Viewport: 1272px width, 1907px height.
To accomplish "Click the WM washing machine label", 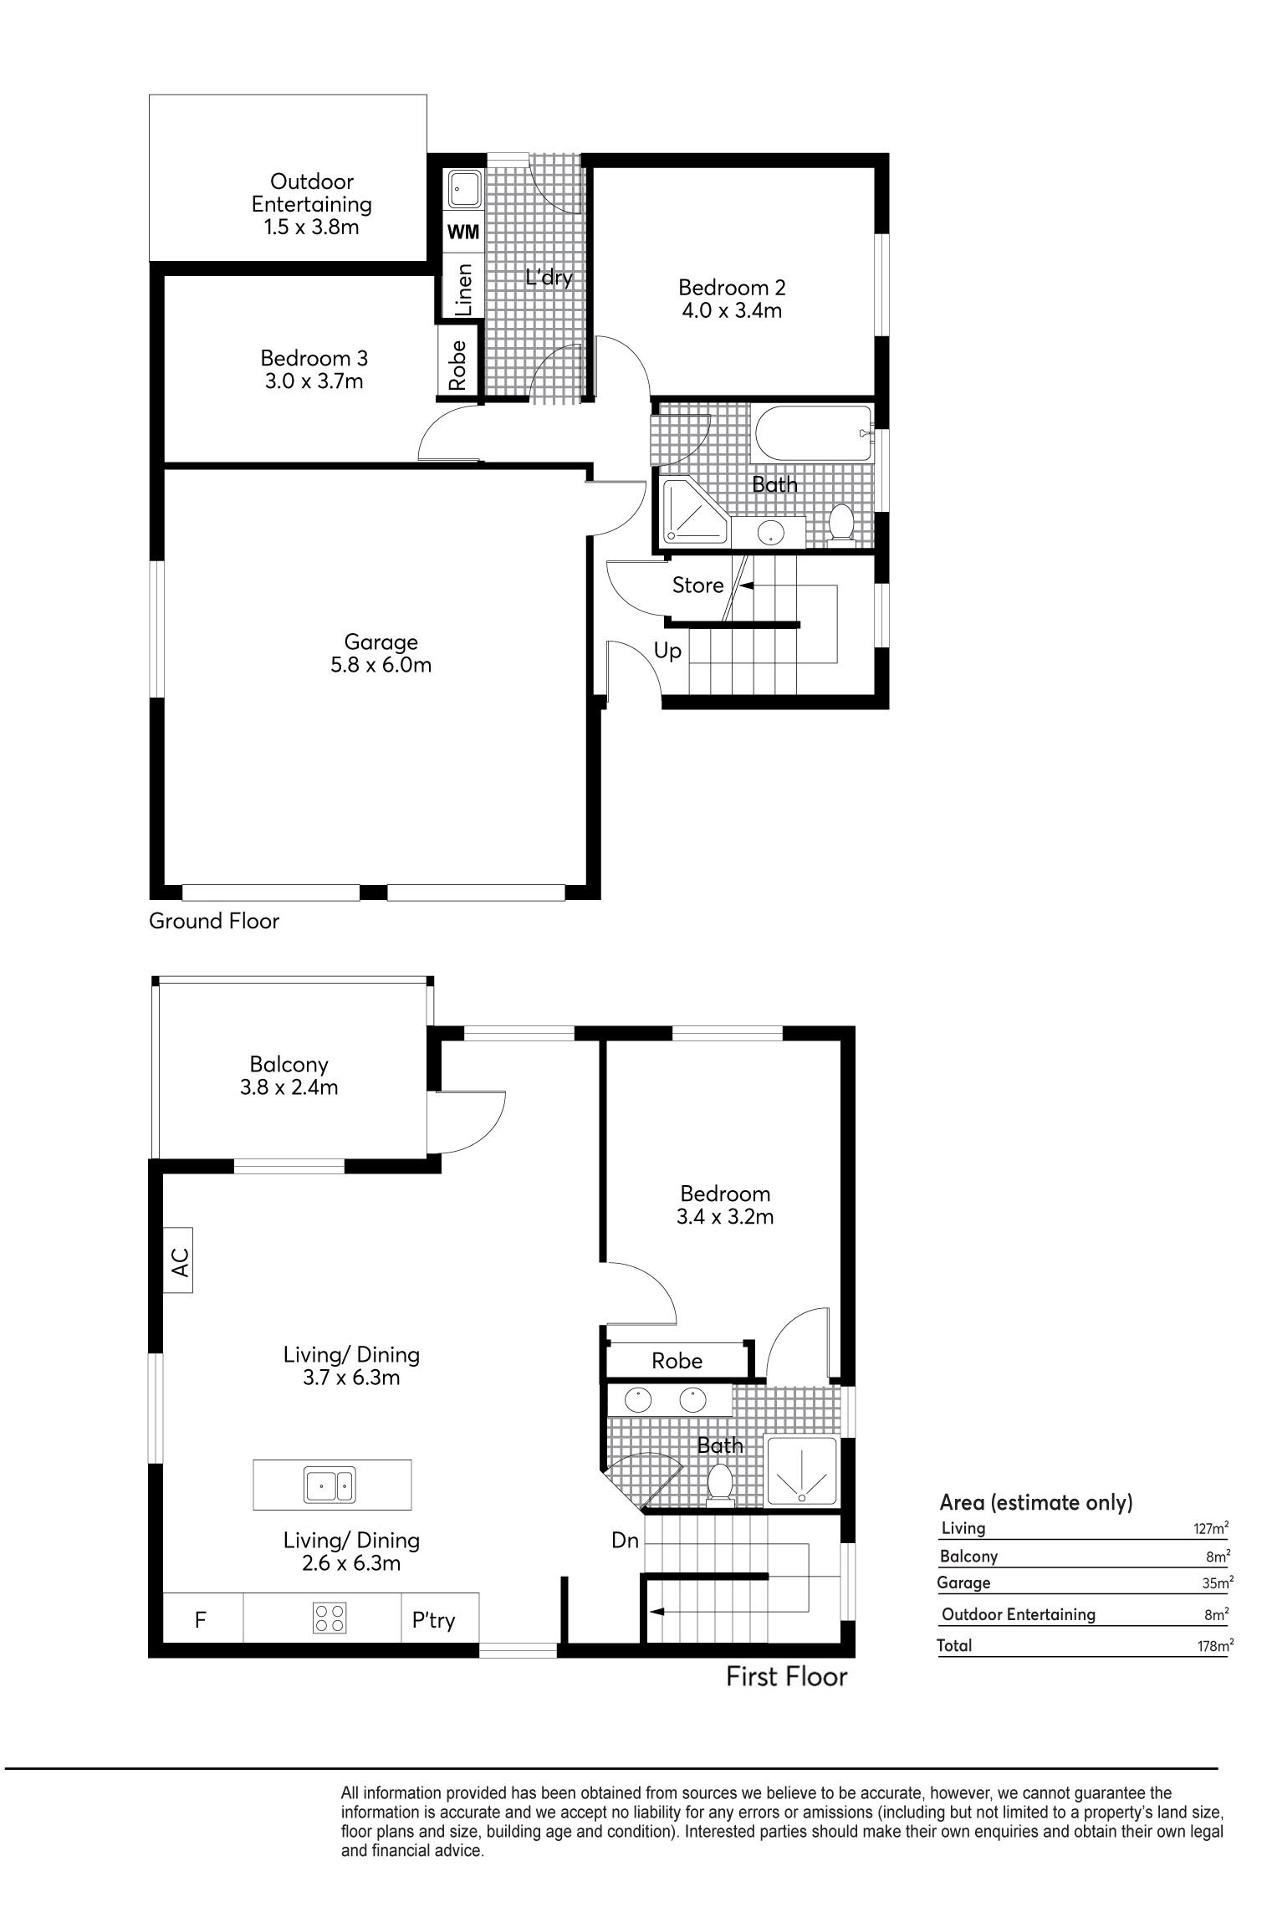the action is point(463,233).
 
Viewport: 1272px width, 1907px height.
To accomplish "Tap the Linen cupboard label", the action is point(462,289).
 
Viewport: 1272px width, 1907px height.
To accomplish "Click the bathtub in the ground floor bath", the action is point(812,432).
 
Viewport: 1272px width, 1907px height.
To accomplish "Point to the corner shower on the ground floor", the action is point(694,511).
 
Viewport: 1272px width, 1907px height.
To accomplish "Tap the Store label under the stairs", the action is point(697,585).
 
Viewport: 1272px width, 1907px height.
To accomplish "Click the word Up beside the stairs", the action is point(667,651).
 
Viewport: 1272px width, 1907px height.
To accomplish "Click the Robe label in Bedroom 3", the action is point(457,365).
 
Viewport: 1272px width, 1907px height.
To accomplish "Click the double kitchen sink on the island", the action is point(330,1485).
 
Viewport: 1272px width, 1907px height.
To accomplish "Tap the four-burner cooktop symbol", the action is point(330,1617).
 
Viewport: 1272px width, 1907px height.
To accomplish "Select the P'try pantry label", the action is point(433,1620).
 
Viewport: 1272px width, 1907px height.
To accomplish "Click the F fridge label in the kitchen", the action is point(201,1620).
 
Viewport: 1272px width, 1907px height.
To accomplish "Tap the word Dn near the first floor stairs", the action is point(625,1541).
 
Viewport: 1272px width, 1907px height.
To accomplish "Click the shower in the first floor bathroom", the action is point(801,1471).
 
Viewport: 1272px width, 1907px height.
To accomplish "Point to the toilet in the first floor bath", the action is point(719,1483).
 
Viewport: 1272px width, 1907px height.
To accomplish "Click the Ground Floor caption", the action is point(214,921).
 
